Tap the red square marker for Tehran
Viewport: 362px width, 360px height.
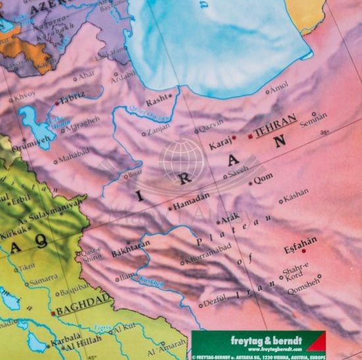tap(250, 137)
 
